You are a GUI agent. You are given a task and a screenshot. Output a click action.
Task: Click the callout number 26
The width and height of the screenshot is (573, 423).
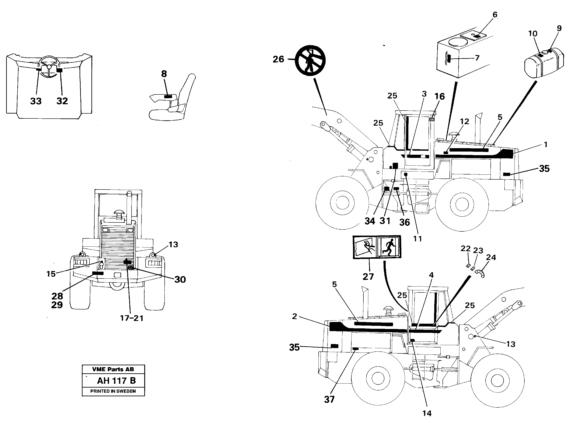point(278,59)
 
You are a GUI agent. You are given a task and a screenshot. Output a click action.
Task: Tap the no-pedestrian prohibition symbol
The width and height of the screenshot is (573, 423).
point(310,61)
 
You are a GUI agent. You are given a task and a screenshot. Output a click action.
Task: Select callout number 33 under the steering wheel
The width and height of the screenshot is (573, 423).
point(36,101)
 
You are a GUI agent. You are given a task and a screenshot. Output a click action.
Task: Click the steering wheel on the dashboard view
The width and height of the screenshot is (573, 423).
point(49,66)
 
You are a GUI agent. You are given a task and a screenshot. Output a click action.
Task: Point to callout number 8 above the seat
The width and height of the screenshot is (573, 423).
point(164,74)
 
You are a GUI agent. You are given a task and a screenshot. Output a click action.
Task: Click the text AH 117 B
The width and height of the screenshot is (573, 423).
point(116,381)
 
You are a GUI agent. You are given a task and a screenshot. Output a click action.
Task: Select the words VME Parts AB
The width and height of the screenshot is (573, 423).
point(113,369)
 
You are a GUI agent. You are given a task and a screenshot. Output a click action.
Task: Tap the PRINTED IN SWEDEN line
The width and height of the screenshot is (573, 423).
point(113,391)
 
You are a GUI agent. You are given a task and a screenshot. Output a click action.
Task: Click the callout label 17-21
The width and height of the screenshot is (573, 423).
point(132,318)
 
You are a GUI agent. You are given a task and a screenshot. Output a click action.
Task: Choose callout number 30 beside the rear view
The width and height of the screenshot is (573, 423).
point(180,279)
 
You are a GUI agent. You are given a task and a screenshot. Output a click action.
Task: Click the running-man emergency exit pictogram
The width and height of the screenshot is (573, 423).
point(388,247)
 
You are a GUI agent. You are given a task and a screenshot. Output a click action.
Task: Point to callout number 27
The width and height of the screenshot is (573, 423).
point(368,277)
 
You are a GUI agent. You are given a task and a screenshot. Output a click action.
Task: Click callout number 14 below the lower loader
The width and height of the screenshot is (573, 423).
point(427,413)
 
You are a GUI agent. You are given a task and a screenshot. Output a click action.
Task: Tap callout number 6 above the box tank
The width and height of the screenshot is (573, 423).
point(495,15)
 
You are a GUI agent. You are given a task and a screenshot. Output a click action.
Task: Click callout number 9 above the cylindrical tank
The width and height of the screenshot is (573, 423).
point(559,28)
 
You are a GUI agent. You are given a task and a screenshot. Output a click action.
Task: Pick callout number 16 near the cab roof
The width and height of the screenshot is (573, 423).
point(439,97)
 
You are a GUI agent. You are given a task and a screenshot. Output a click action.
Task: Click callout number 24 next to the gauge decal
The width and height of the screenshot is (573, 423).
point(491,257)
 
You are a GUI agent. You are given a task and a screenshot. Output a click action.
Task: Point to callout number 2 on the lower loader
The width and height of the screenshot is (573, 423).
point(294,316)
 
